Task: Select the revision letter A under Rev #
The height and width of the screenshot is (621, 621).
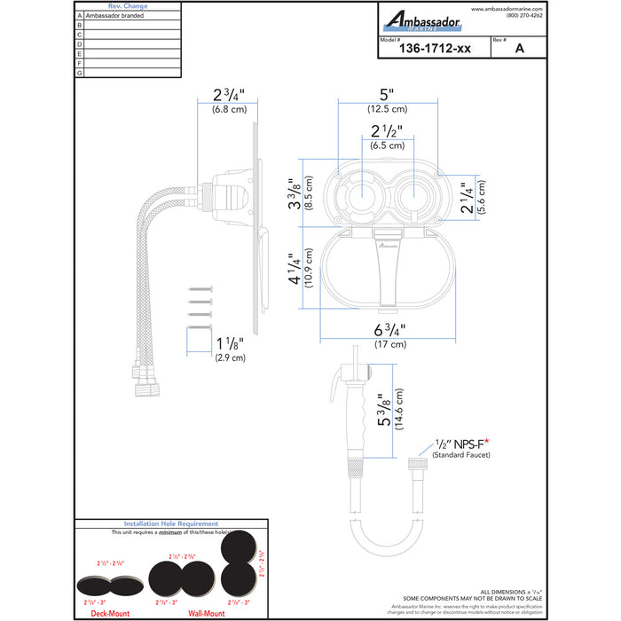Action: coord(518,51)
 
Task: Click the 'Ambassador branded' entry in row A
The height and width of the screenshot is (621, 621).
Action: coord(115,16)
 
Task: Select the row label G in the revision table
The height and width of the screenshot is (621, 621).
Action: coord(80,73)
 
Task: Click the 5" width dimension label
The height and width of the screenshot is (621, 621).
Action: coord(387,93)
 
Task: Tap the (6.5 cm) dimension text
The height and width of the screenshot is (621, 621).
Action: coord(387,144)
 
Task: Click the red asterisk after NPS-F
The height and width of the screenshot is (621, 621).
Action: coord(487,441)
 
